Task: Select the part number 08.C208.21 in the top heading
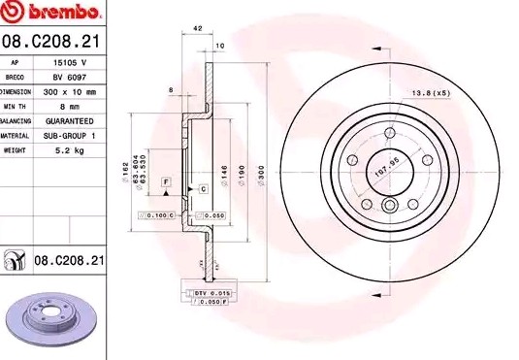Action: (x=52, y=41)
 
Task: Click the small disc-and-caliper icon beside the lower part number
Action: (x=16, y=260)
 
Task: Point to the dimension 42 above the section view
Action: (x=197, y=29)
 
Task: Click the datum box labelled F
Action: (x=167, y=182)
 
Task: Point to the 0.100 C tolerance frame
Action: (x=156, y=214)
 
